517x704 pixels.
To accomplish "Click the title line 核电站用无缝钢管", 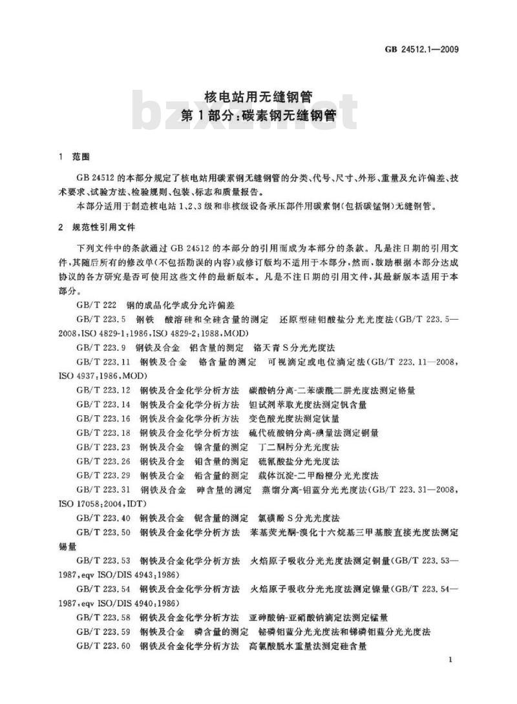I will tap(258, 98).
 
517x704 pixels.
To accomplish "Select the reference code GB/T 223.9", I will tap(103, 347).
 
